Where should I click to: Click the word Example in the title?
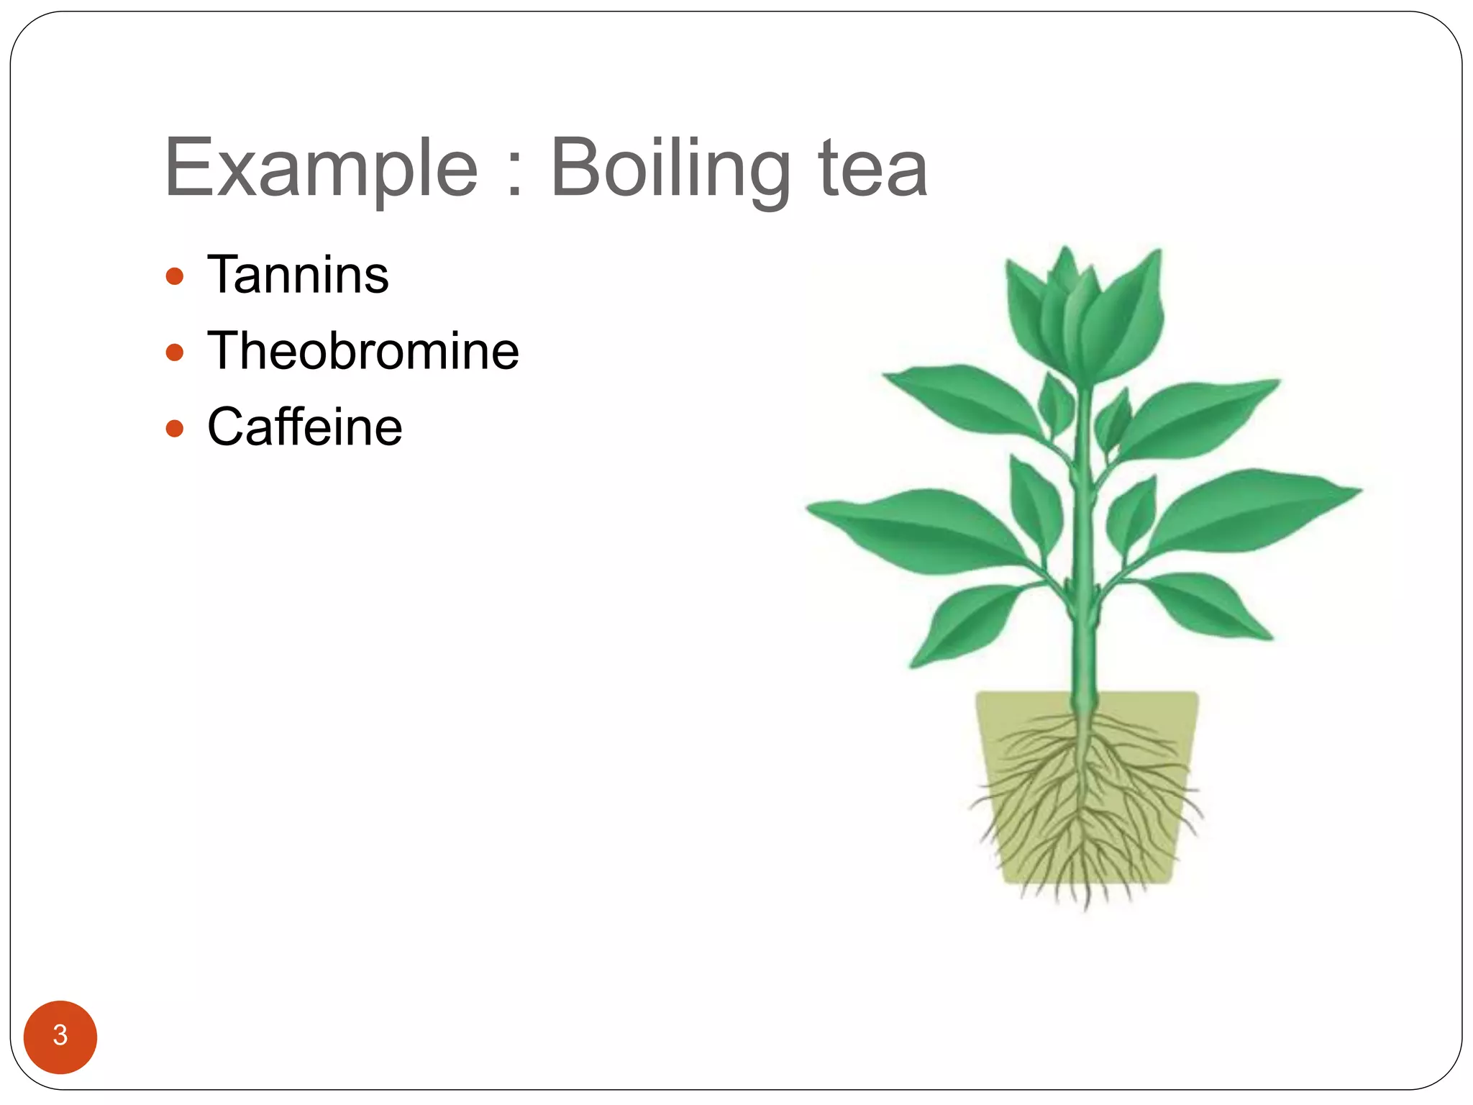321,170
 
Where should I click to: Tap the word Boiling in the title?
669,170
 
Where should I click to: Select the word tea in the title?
872,170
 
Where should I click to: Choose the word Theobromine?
362,351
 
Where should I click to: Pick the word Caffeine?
304,427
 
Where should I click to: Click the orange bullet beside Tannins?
175,276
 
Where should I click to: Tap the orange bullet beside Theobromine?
175,353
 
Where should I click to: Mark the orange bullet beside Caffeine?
175,429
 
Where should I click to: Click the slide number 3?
60,1036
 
